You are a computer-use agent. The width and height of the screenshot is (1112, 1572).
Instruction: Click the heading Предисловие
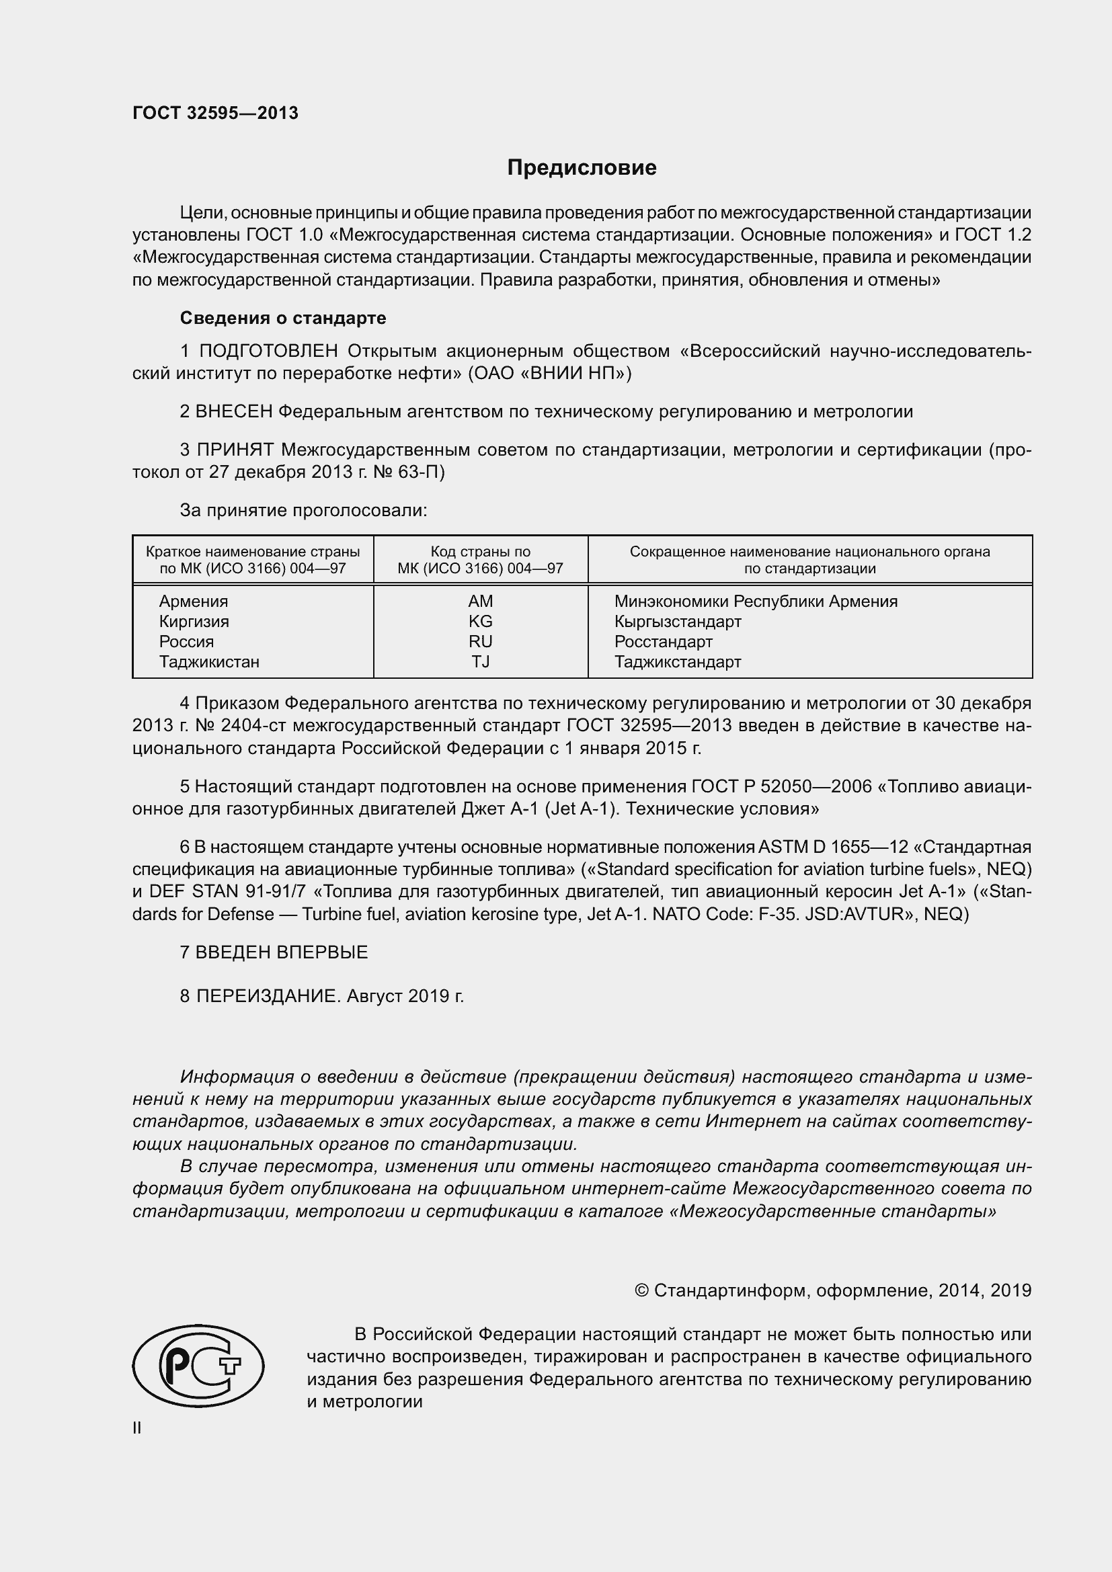[582, 168]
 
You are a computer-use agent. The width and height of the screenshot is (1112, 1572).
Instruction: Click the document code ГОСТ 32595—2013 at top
[215, 113]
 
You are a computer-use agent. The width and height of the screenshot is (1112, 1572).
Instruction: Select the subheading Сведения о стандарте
[283, 318]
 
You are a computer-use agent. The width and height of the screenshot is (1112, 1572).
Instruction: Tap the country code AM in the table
[480, 601]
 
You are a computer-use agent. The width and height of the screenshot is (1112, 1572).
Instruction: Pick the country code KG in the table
[480, 622]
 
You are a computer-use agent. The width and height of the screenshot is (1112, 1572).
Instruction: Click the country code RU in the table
[480, 642]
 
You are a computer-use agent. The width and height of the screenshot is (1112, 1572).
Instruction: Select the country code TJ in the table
[480, 662]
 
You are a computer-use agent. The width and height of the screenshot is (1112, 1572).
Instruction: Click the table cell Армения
[194, 601]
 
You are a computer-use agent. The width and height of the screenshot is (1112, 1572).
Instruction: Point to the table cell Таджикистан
[209, 662]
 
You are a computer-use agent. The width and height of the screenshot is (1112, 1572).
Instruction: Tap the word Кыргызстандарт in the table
[677, 622]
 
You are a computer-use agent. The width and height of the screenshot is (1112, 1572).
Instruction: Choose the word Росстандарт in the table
[663, 642]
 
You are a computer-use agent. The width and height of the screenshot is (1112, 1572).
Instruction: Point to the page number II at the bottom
[137, 1428]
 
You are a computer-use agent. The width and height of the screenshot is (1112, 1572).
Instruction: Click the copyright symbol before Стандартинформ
[641, 1290]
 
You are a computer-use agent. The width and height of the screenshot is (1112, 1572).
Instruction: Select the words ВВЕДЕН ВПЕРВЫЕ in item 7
[282, 952]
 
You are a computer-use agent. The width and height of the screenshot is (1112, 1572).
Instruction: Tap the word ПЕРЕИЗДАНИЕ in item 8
[268, 996]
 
